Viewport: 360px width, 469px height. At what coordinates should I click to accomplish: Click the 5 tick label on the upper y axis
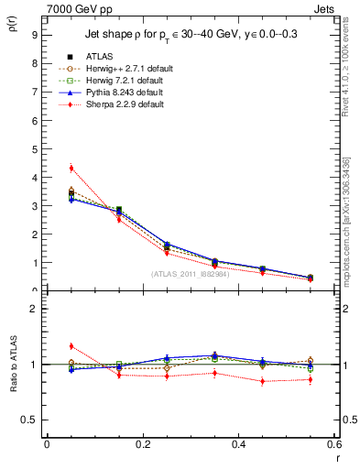click(x=33, y=149)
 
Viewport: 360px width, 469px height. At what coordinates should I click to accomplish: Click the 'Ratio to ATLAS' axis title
click(x=12, y=365)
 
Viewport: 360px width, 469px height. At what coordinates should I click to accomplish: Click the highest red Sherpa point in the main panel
click(x=71, y=168)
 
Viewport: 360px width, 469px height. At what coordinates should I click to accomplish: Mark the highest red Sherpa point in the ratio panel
click(x=71, y=345)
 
